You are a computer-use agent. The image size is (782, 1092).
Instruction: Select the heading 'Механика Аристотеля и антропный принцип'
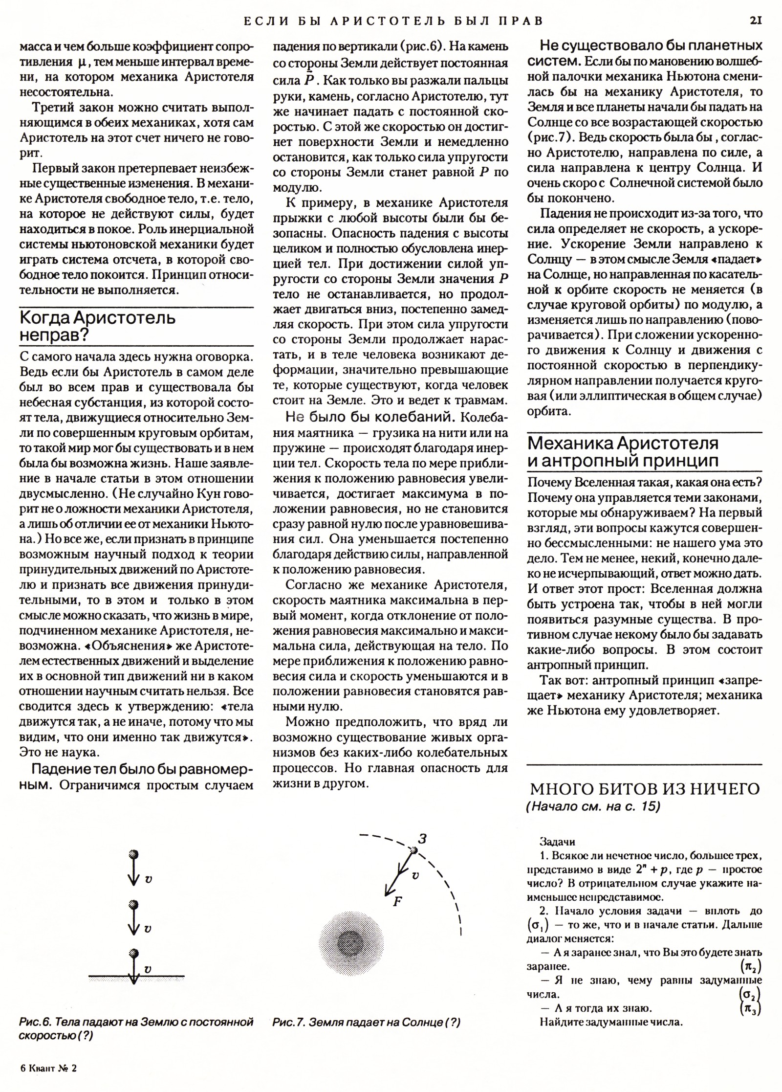click(624, 452)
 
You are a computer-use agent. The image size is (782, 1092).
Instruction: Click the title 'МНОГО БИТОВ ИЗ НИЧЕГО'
click(645, 789)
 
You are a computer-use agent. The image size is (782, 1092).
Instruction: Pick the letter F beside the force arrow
click(397, 901)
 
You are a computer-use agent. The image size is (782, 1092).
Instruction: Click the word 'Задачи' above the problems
click(557, 842)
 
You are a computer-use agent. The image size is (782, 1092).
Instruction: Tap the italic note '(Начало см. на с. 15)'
click(593, 806)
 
